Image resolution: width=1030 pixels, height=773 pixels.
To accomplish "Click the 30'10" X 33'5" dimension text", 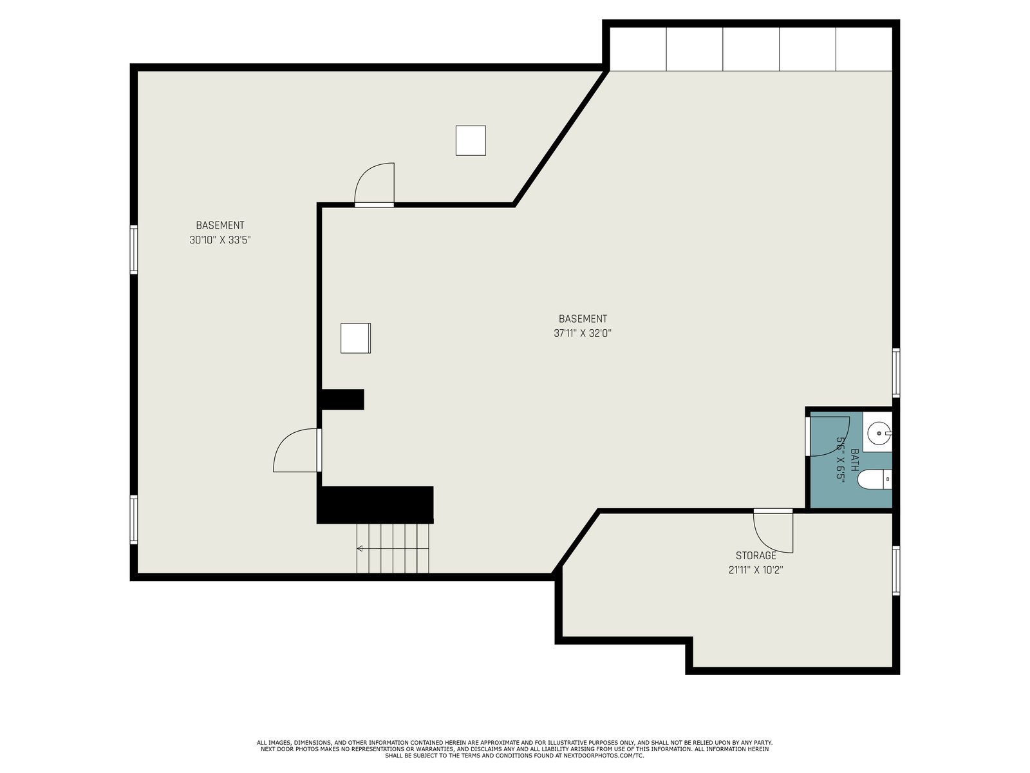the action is (220, 240).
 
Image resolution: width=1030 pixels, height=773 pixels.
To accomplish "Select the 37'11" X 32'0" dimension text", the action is (583, 334).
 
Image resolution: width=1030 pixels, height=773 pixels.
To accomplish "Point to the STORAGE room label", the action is (756, 556).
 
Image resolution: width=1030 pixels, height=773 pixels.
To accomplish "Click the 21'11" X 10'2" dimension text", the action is (756, 570).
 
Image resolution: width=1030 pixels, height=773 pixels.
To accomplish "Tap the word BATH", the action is (854, 460).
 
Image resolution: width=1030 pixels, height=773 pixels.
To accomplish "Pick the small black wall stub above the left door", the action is (342, 399).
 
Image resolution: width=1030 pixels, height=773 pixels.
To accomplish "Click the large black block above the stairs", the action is (375, 504).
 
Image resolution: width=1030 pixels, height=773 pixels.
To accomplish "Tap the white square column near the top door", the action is (471, 140).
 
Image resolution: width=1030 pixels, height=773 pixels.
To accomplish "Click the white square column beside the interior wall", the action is (356, 338).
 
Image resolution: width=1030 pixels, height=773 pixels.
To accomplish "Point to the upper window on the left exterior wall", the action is (134, 249).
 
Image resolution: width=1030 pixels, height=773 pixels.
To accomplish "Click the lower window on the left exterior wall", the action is (134, 520).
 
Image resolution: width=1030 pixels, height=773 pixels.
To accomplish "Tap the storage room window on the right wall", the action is (896, 570).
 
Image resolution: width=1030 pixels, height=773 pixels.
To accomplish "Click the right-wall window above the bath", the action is (896, 373).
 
